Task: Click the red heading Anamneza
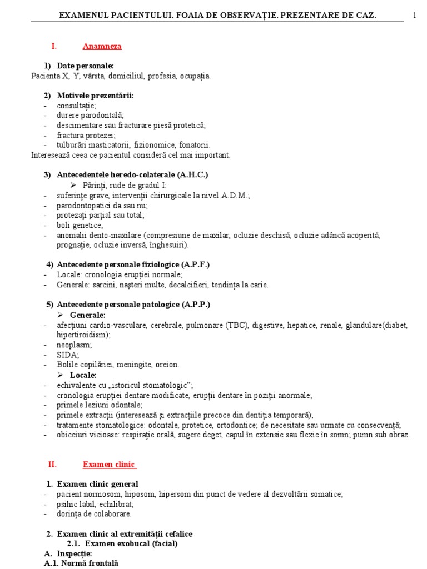pos(102,47)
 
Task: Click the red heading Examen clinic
pos(109,464)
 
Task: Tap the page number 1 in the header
pos(415,15)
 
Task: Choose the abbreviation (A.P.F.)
pos(192,264)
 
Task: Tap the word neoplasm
pos(72,345)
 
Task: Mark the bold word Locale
pos(83,375)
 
